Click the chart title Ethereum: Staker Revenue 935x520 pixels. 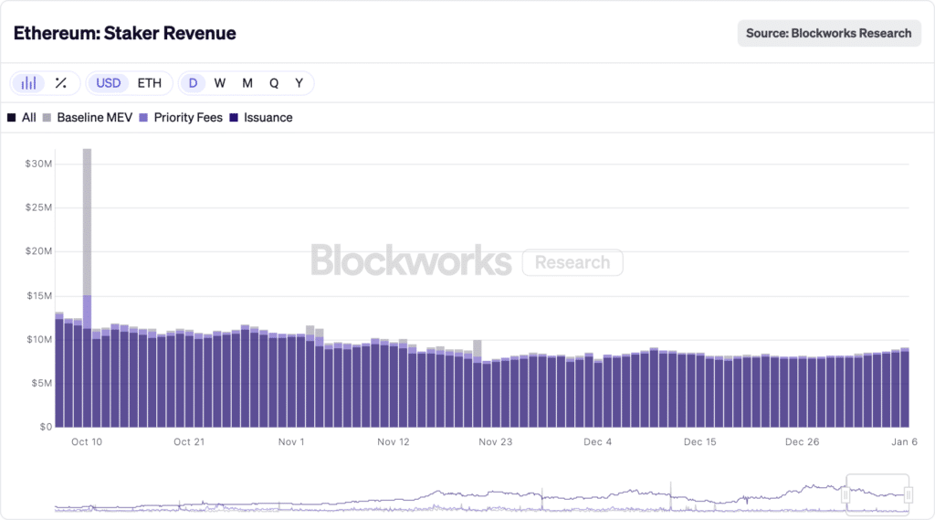(x=124, y=33)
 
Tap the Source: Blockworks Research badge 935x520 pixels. (x=828, y=33)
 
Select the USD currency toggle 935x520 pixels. (x=109, y=83)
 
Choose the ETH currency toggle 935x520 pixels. (x=150, y=83)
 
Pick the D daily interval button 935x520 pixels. (x=193, y=83)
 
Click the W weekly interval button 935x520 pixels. (x=220, y=83)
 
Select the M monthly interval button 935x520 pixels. (x=247, y=83)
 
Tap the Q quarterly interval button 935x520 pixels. (x=274, y=83)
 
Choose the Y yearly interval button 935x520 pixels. (x=299, y=83)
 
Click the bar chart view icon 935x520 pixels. (x=29, y=83)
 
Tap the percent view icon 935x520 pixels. (x=61, y=83)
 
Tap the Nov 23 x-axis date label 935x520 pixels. (x=495, y=442)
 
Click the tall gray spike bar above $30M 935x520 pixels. (x=87, y=219)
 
